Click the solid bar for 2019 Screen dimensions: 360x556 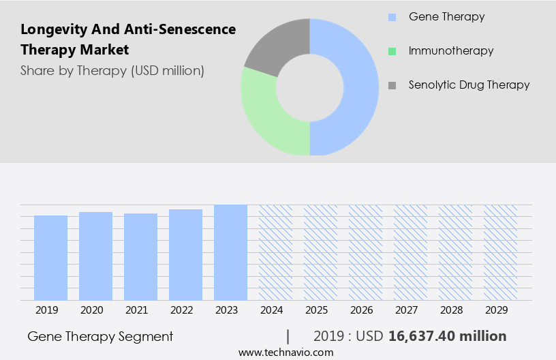pyautogui.click(x=50, y=258)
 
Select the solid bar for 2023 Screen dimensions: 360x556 pyautogui.click(x=230, y=252)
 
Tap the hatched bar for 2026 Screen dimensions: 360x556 pyautogui.click(x=365, y=252)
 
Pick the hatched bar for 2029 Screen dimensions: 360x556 pyautogui.click(x=500, y=252)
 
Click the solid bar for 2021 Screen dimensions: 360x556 pyautogui.click(x=140, y=257)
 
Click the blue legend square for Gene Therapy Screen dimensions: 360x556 pyautogui.click(x=392, y=16)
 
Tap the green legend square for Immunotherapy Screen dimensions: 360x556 pyautogui.click(x=392, y=51)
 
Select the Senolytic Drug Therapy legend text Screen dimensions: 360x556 pyautogui.click(x=469, y=85)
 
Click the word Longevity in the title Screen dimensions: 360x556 pyautogui.click(x=52, y=29)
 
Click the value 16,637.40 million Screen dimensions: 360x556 pyautogui.click(x=447, y=336)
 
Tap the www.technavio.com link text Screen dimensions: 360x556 pyautogui.click(x=285, y=352)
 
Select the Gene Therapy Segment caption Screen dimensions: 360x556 pyautogui.click(x=100, y=336)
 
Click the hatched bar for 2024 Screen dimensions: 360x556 pyautogui.click(x=275, y=252)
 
